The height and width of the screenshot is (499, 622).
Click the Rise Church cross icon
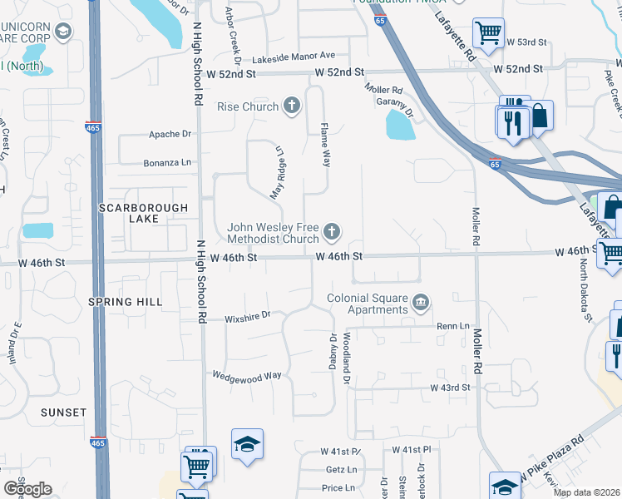coord(291,106)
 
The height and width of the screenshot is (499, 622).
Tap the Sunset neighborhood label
coord(63,413)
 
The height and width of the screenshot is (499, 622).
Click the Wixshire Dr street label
coord(248,316)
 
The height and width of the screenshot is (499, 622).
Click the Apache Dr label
coord(170,134)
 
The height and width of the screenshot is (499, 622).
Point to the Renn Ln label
coord(453,327)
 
